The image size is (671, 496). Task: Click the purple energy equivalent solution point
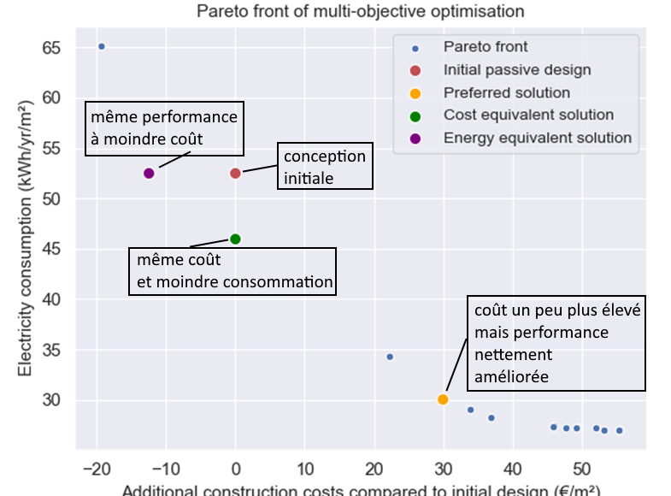(x=149, y=174)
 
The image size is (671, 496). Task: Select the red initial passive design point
(x=235, y=174)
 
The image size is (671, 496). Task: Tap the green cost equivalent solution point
(x=235, y=239)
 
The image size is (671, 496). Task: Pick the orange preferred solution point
(x=443, y=399)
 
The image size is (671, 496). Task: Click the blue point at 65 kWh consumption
(x=101, y=46)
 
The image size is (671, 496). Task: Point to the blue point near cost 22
(x=390, y=357)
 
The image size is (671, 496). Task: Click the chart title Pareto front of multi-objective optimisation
(x=359, y=11)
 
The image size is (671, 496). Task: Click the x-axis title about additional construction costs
(x=361, y=490)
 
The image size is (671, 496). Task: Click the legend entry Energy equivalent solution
(x=537, y=138)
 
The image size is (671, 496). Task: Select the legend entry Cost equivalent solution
(x=528, y=115)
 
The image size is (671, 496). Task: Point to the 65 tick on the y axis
(x=52, y=47)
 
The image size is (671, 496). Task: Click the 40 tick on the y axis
(x=52, y=299)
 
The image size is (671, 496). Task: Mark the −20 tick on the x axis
(x=96, y=469)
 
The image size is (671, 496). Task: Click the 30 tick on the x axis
(x=443, y=469)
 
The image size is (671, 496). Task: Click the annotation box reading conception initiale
(x=324, y=167)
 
